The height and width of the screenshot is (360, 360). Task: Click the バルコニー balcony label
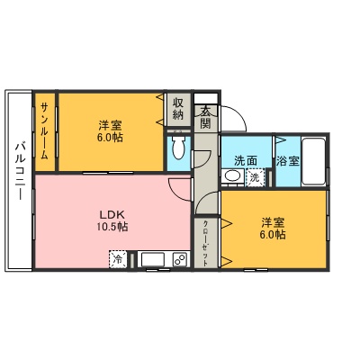tap(18, 179)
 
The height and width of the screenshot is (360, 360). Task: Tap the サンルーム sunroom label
tap(44, 131)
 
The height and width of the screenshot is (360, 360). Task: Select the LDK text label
tap(112, 214)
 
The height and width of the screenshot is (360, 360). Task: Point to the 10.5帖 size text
tap(112, 228)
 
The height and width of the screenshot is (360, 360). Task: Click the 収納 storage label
tap(178, 108)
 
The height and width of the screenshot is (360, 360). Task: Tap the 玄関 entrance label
tap(205, 117)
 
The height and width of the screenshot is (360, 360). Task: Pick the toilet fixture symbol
tap(177, 148)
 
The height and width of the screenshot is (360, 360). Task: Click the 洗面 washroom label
tap(245, 160)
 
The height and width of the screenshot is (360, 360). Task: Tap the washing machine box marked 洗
tap(256, 178)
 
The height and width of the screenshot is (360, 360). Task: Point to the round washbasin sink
tap(232, 177)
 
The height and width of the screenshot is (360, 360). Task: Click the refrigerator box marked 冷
tap(117, 259)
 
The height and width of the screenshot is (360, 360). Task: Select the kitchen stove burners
tap(179, 260)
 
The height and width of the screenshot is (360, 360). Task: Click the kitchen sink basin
tap(152, 260)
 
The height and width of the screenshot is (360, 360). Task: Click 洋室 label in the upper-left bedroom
tap(111, 126)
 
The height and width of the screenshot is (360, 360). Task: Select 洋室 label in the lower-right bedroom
tap(274, 221)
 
